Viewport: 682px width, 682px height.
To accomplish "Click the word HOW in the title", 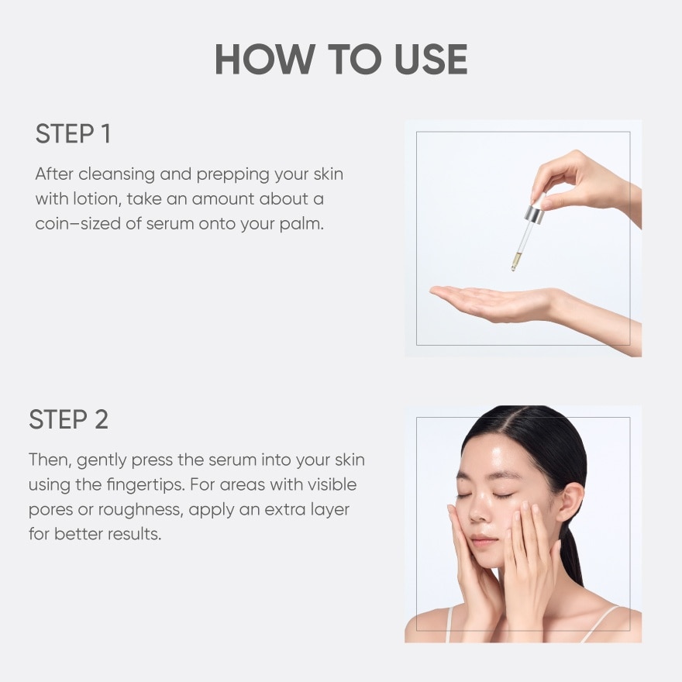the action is pos(265,59).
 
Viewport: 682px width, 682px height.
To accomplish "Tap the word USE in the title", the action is pos(431,59).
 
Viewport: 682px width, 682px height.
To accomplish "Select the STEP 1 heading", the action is pos(73,133).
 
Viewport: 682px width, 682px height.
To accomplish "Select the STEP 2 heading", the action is pos(69,419).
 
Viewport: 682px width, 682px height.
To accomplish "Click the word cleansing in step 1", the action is pos(116,174).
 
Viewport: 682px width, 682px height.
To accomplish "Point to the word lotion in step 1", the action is pos(97,198).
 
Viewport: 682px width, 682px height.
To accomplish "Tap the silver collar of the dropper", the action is pos(534,214).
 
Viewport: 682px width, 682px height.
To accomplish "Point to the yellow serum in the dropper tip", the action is pos(516,260).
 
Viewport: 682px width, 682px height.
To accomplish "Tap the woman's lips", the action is pos(484,541).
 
